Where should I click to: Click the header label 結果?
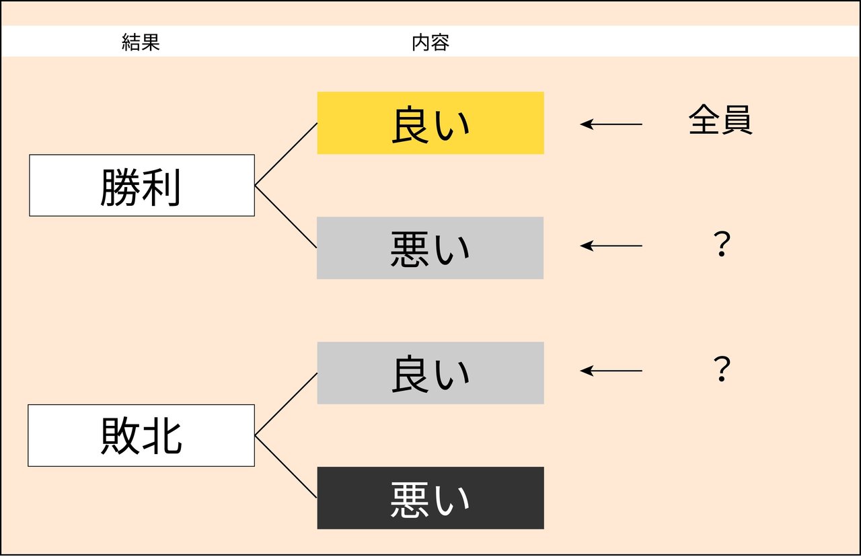pos(141,43)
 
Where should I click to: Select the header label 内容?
pos(430,43)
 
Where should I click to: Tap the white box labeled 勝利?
pos(142,186)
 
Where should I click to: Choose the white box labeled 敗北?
pos(141,435)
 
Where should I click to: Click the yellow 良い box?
pos(430,123)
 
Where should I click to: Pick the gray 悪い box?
pos(430,248)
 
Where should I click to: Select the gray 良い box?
pos(430,373)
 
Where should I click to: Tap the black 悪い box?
pos(430,498)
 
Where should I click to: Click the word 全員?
pos(720,122)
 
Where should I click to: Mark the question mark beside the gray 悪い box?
pos(721,246)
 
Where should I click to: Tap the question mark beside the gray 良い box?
pos(721,370)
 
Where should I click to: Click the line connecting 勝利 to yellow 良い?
pos(286,154)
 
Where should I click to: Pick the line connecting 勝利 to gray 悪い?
pos(286,217)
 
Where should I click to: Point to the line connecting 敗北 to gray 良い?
pos(286,404)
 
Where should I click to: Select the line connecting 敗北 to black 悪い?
pos(286,467)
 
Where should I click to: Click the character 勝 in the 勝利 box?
pos(121,186)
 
